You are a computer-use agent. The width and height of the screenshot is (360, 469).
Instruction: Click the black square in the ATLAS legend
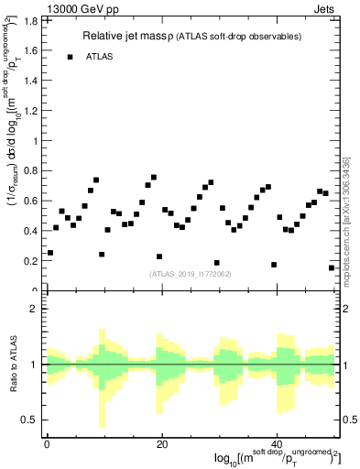[70, 57]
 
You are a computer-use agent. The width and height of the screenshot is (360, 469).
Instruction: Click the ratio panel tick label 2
[35, 309]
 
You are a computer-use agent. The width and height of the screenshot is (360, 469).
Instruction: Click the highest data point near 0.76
[153, 177]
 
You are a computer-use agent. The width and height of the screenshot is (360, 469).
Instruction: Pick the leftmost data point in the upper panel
[50, 252]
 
